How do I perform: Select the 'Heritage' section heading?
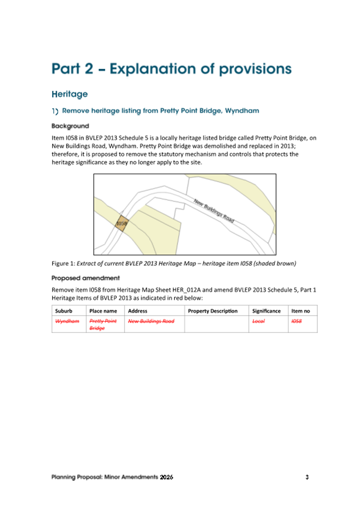[69, 94]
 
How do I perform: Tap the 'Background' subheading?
[70, 126]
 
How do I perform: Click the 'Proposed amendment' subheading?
[85, 278]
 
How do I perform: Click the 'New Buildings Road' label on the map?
[214, 212]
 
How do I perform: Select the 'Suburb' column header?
[63, 310]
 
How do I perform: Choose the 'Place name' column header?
[103, 310]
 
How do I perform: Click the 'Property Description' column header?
[213, 310]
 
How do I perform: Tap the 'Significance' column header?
[266, 310]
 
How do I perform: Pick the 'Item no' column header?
[300, 310]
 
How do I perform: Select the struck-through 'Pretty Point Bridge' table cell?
[102, 325]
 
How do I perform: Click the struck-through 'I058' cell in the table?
[297, 321]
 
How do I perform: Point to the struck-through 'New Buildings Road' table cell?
[151, 321]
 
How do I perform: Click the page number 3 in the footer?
[307, 476]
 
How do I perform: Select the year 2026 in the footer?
[166, 476]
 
